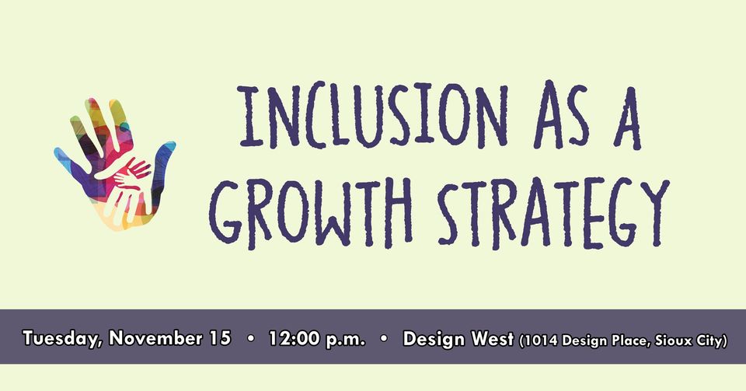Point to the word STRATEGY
554,213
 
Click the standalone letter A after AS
628,117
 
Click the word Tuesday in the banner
61,339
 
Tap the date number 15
220,337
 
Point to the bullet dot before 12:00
251,339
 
